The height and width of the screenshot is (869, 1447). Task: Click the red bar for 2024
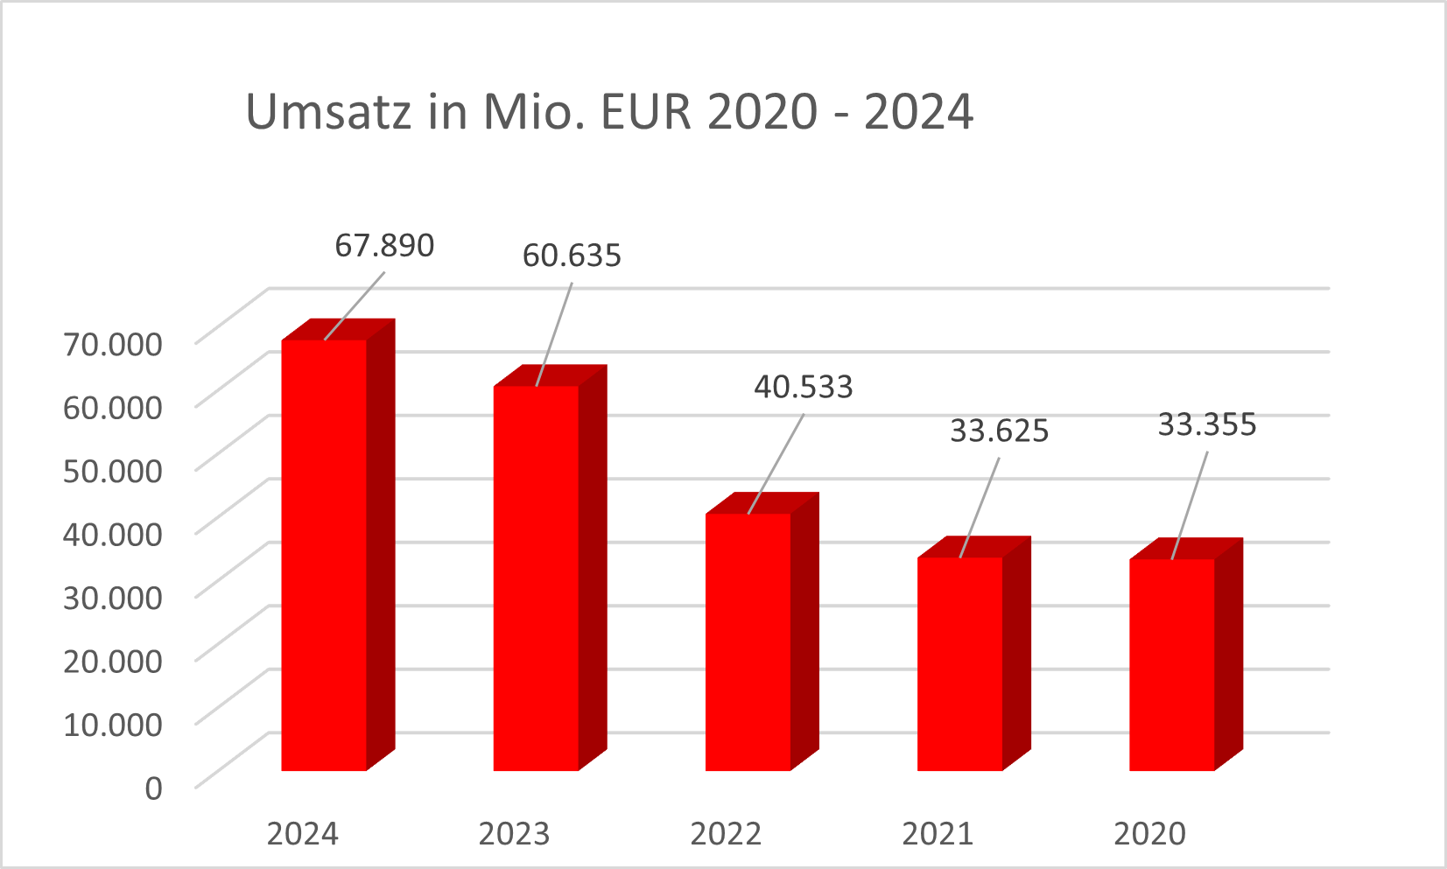tap(324, 555)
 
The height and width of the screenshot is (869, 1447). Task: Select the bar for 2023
tap(536, 578)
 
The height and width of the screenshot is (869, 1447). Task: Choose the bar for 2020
tap(1171, 664)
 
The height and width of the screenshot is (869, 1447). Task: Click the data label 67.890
tap(384, 246)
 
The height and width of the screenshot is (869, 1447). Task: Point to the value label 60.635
tap(572, 256)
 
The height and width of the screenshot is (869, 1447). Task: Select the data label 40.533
tap(804, 387)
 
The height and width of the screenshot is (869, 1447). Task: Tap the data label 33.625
tap(999, 431)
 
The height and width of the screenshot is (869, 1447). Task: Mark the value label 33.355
tap(1207, 424)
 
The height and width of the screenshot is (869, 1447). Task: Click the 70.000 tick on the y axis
tap(113, 344)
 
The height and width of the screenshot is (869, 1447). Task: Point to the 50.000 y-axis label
tap(113, 470)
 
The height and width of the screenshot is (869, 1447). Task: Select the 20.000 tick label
tap(113, 661)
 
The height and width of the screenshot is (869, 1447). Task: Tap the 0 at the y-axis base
tap(153, 788)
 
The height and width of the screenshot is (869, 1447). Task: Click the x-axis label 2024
tap(302, 834)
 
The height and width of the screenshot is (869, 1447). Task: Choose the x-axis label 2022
tap(726, 834)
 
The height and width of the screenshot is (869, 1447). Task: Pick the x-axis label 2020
tap(1149, 834)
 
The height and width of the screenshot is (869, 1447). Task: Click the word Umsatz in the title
tap(328, 112)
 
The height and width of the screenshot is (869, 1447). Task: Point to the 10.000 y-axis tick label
tap(113, 724)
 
